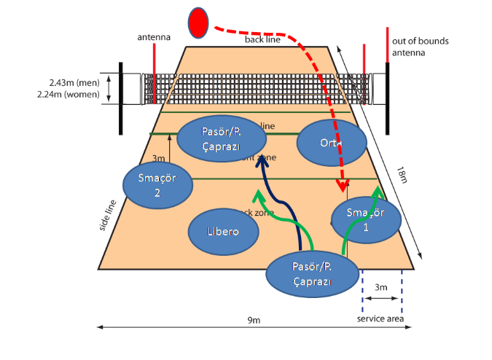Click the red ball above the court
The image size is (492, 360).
(198, 23)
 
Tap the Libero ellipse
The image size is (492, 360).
(224, 231)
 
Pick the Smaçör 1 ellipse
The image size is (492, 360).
(366, 219)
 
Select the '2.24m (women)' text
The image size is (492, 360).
(75, 95)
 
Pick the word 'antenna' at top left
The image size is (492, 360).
(154, 36)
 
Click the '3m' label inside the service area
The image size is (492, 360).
(381, 288)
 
